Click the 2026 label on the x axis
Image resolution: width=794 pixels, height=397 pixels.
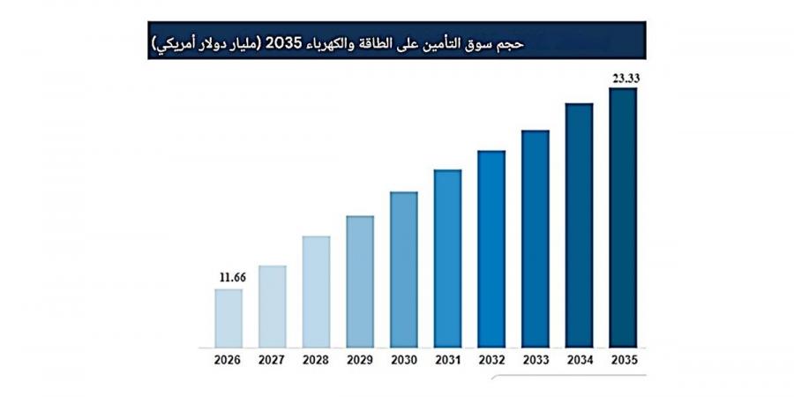tap(228, 360)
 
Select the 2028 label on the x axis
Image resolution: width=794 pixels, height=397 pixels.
tap(316, 360)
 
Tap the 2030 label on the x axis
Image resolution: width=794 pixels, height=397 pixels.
tap(404, 360)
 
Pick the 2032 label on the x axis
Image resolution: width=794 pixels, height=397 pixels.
tap(491, 360)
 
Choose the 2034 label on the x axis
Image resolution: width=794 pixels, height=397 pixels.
tap(579, 360)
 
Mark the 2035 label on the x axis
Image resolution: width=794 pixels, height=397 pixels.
tap(623, 360)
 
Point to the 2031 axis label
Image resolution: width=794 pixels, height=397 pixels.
tap(447, 360)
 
